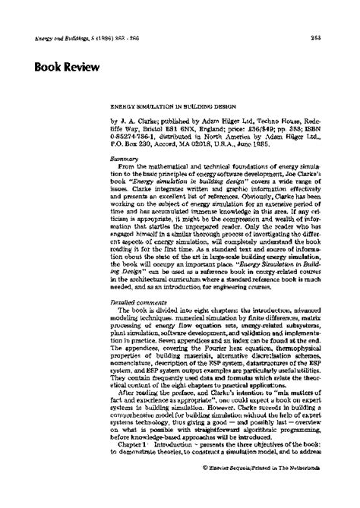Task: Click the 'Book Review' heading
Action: click(x=66, y=67)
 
